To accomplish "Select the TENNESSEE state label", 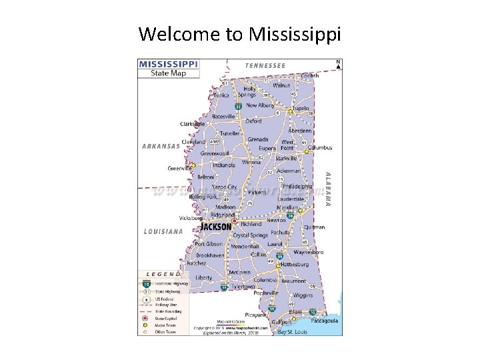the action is click(x=265, y=65).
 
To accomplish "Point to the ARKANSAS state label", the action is click(x=161, y=145).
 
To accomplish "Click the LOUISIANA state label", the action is click(x=163, y=231).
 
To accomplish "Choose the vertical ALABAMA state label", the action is click(x=327, y=188).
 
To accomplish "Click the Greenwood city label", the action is click(x=215, y=153).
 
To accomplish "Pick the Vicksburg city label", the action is click(x=191, y=217).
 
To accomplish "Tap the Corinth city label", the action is click(x=309, y=76).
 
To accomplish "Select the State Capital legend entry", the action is click(x=166, y=317).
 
